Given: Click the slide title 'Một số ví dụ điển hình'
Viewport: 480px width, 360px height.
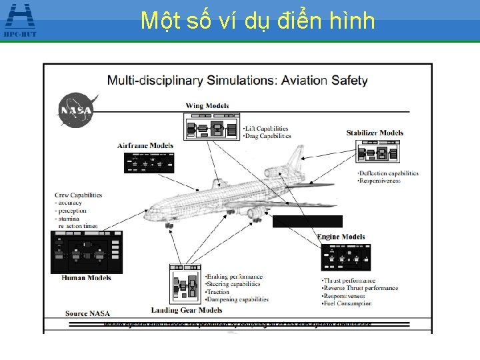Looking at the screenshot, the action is (258, 21).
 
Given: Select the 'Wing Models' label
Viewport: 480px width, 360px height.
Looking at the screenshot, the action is (207, 105).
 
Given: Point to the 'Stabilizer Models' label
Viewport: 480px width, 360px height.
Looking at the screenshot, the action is (375, 133).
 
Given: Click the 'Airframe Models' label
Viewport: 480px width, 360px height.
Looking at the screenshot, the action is (145, 145).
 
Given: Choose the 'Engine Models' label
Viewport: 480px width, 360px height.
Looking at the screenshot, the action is (341, 237).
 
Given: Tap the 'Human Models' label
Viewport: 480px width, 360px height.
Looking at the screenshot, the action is (83, 277).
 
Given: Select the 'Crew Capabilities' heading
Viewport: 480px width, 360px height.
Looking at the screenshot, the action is (79, 195).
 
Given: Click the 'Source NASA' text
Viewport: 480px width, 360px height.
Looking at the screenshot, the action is (87, 313).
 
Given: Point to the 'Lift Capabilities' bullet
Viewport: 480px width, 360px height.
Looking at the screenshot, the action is (267, 128).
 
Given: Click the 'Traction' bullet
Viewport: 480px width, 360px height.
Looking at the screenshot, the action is (218, 292).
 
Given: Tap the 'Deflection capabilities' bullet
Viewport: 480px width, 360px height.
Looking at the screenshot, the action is (389, 173).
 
